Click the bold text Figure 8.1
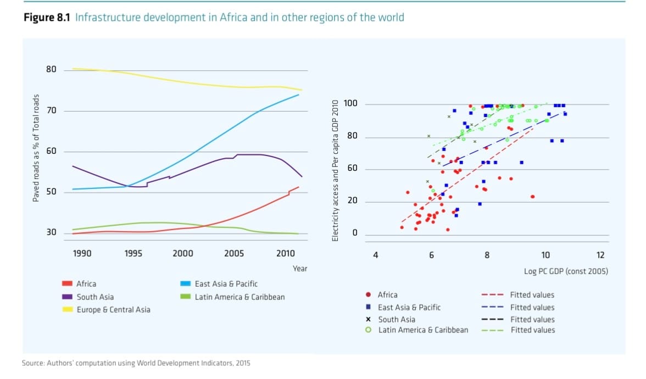click(x=47, y=18)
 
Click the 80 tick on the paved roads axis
click(x=51, y=70)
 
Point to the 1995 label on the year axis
click(x=133, y=253)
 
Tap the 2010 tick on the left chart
click(x=286, y=253)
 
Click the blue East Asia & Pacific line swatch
click(x=186, y=284)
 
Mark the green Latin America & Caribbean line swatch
click(x=186, y=297)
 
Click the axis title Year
click(x=300, y=269)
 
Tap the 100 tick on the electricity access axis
click(x=350, y=104)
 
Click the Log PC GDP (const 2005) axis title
click(x=566, y=271)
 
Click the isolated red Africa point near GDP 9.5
click(x=532, y=197)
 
